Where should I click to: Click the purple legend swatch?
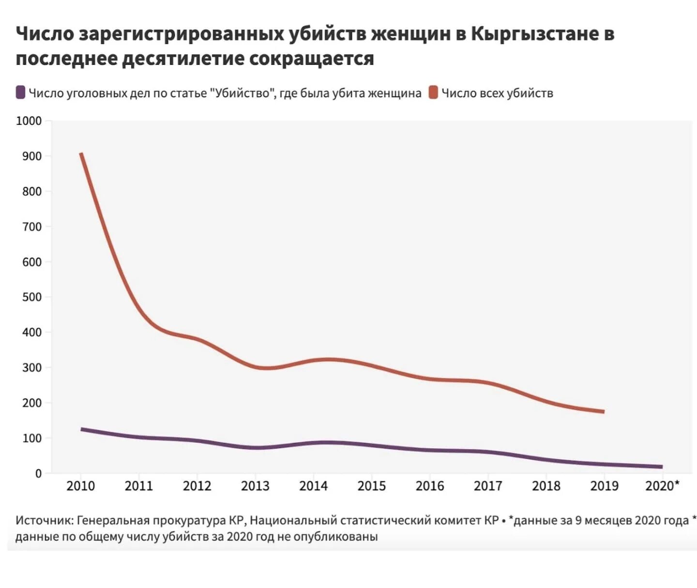20,92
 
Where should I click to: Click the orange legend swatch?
433,92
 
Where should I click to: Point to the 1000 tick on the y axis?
29,121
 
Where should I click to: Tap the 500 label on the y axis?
32,297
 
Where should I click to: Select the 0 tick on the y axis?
38,473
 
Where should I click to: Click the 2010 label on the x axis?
81,485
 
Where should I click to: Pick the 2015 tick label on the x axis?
372,485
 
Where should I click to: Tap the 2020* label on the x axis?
662,485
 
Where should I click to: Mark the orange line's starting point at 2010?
81,154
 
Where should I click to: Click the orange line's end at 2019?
604,411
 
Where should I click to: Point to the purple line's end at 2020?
661,467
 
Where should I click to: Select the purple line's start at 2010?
81,429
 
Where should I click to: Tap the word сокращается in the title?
312,59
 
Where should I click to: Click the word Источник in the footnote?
44,521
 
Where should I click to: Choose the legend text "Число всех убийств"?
497,93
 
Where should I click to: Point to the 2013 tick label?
255,485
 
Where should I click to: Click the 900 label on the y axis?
32,156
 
